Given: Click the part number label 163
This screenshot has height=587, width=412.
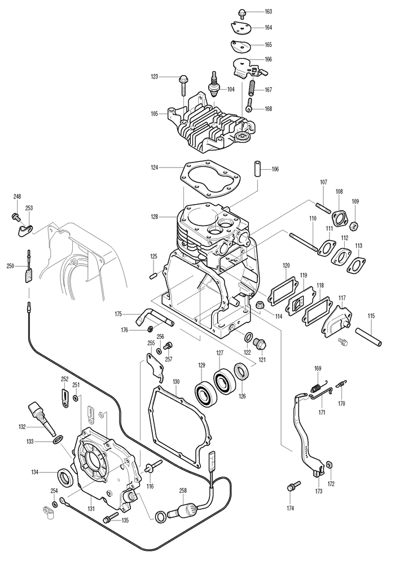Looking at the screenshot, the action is (268, 12).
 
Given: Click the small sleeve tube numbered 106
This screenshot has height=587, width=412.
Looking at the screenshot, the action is (257, 169).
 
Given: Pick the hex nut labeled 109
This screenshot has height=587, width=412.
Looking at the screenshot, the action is (355, 226).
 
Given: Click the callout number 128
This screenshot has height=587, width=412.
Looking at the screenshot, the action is (154, 217).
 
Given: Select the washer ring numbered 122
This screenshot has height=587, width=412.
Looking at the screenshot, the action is (248, 337).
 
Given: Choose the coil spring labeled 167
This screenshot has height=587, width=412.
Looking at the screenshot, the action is (252, 87).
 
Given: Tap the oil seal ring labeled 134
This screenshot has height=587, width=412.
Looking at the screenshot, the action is (65, 478).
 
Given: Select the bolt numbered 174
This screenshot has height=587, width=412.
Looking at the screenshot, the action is (293, 487).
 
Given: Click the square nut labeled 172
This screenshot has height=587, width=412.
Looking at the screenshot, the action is (330, 465).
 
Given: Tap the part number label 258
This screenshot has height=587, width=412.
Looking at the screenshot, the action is (183, 491).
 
